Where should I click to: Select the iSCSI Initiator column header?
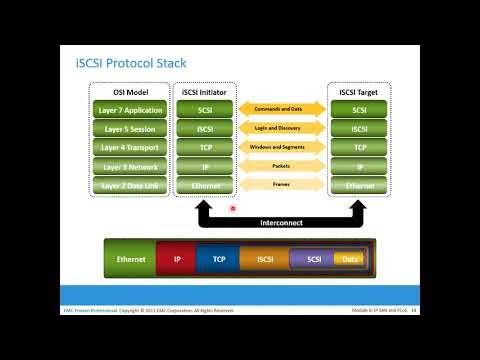click(x=204, y=90)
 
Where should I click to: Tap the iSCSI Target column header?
click(x=359, y=90)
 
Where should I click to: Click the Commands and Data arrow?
click(x=281, y=107)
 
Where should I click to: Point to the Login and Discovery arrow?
click(x=281, y=127)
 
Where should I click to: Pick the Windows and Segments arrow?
click(x=281, y=147)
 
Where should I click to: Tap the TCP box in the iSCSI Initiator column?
click(x=204, y=147)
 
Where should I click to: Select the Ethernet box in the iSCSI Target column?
click(x=359, y=186)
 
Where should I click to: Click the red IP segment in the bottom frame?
click(x=177, y=260)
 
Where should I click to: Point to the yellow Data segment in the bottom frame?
click(x=348, y=260)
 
